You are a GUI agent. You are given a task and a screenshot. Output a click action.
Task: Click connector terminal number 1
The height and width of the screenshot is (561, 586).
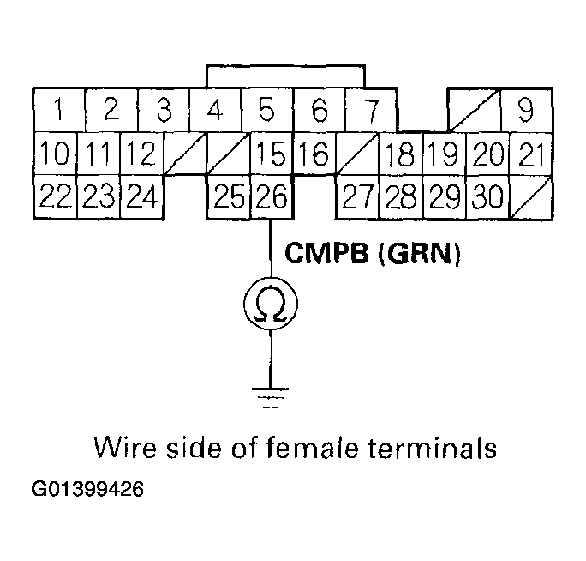point(58,111)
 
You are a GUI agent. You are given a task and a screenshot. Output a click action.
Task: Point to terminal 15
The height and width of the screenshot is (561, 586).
point(272,154)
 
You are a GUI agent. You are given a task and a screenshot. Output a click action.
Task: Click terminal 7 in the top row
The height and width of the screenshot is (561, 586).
point(370,111)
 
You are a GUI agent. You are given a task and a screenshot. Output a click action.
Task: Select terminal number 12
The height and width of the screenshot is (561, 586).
point(141,154)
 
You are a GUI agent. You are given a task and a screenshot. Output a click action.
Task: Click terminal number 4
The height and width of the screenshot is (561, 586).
point(216,111)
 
